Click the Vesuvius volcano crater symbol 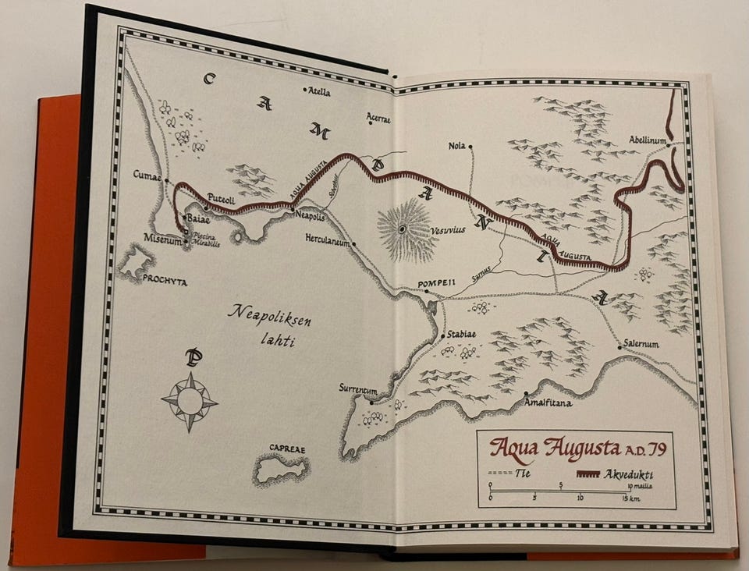403,229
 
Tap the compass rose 190,401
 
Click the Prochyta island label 164,282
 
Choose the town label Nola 456,146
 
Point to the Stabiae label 462,335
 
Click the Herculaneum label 326,243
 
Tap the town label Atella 319,91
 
